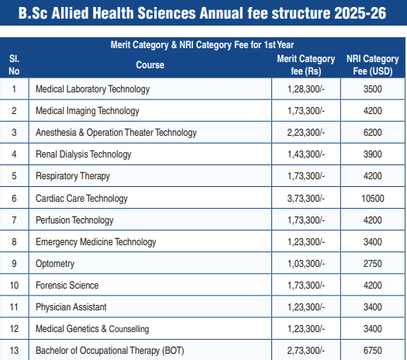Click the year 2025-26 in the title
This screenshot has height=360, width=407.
[360, 13]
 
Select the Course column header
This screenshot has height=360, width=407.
[150, 65]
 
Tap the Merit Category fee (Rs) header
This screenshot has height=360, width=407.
[306, 65]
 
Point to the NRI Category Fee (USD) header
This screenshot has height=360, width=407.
[373, 65]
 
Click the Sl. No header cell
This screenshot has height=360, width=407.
[14, 65]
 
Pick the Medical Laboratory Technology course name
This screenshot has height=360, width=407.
[92, 89]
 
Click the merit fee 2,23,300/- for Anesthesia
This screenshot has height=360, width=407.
[305, 133]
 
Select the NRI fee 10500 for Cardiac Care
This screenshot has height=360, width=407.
[373, 199]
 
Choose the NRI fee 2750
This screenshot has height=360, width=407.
[372, 264]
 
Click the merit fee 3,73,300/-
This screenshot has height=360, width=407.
[305, 199]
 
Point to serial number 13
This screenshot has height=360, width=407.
[14, 351]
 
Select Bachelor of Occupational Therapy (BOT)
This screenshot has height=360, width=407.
[110, 351]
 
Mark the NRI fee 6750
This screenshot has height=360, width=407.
[372, 351]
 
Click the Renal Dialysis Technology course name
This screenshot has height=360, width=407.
[83, 154]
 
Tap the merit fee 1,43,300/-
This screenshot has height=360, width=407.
[306, 154]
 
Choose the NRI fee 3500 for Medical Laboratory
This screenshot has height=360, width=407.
[372, 89]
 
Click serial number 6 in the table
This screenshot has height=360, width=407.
[14, 199]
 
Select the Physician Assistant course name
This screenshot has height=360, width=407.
[71, 307]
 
